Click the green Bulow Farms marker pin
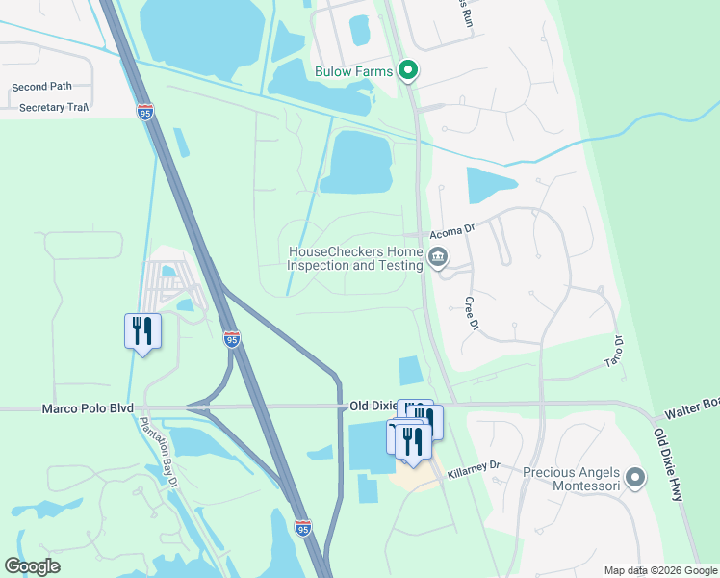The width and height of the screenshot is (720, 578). click(408, 70)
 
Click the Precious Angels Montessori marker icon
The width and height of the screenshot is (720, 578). click(635, 478)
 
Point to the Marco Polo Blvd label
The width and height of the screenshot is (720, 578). click(88, 408)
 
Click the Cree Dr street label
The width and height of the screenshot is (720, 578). click(472, 314)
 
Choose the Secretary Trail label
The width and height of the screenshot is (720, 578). click(54, 107)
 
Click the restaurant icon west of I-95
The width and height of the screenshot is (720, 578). click(142, 331)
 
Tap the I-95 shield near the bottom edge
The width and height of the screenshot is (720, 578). click(302, 527)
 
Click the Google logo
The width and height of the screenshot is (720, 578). click(33, 566)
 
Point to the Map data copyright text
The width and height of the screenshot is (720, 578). click(659, 570)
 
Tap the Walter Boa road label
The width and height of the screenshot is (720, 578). click(692, 406)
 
